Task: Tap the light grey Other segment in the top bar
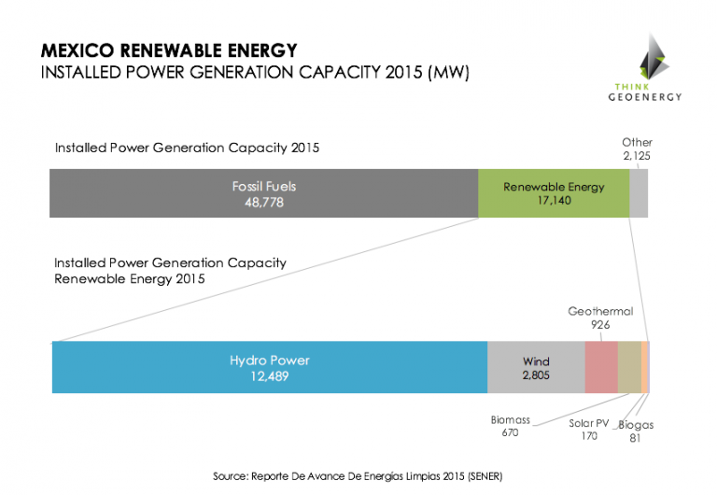639,193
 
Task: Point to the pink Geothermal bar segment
601,367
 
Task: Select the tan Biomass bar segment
629,367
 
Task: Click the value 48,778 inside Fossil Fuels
263,202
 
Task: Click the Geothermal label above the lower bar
600,311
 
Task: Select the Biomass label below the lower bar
510,420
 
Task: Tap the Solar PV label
588,423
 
